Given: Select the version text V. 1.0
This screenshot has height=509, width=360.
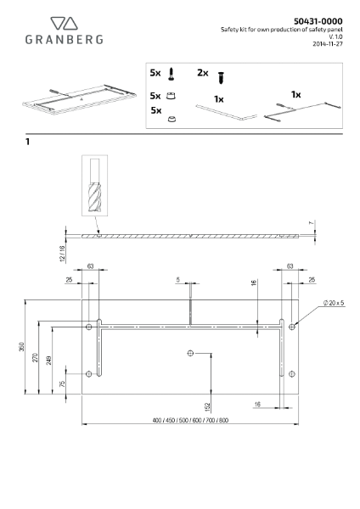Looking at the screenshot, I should pos(335,36).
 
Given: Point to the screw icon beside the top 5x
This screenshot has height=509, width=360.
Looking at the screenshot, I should pos(172,76).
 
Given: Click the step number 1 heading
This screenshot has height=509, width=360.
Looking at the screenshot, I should pos(28,143).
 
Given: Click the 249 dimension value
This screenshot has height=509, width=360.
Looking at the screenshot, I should pos(50,362).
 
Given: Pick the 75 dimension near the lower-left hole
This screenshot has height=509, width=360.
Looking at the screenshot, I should pos(63,383).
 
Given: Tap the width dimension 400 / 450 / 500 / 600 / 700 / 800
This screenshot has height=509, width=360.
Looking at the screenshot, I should pos(190,421).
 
